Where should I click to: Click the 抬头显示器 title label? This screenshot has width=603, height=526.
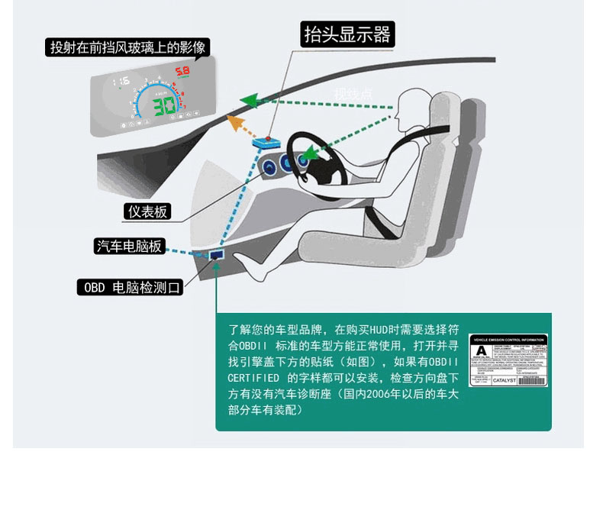(x=347, y=34)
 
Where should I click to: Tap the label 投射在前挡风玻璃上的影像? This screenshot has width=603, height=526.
(x=127, y=47)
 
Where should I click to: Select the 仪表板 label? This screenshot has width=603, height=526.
(x=147, y=211)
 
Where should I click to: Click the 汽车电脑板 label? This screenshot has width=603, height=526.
(x=128, y=246)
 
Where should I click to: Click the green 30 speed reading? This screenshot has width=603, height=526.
(x=165, y=106)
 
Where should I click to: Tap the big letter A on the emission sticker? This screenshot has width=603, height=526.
(x=481, y=353)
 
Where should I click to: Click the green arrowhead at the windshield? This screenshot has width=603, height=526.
(x=246, y=99)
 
